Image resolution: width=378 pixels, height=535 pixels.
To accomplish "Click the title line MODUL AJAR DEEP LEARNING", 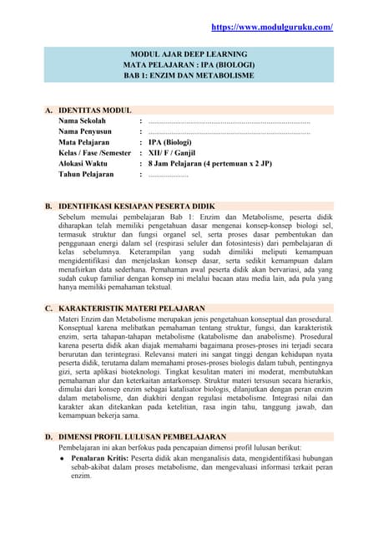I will point(189,52).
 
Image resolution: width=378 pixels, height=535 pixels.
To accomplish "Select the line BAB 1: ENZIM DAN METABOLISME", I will point(189,75).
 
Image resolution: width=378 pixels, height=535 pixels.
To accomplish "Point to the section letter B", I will point(49,205).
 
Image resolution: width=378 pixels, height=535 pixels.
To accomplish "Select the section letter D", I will point(49,436).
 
